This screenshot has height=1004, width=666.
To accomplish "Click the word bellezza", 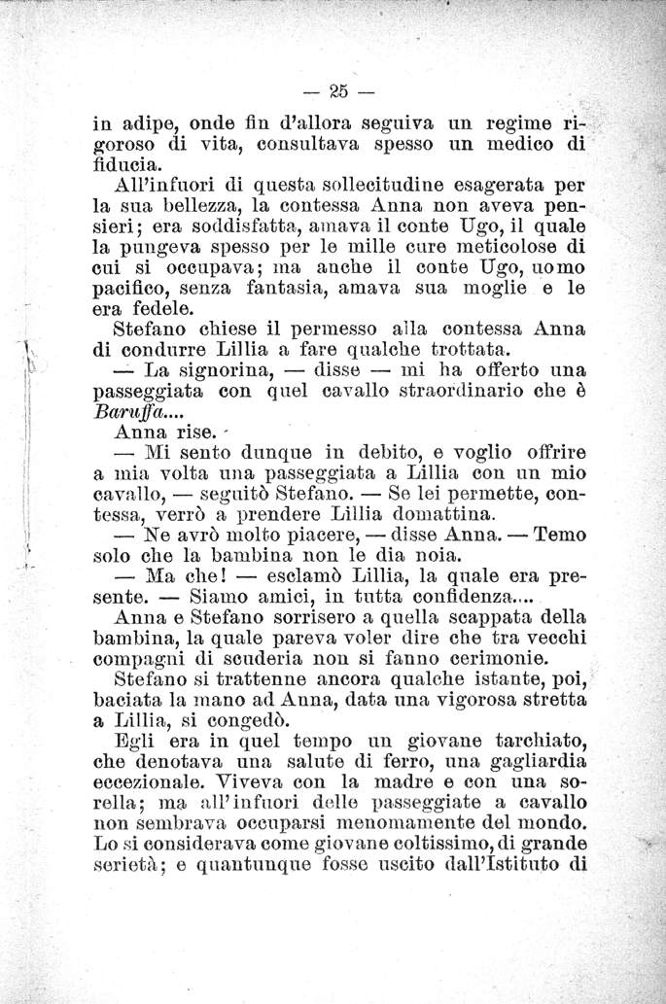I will pyautogui.click(x=202, y=208).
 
